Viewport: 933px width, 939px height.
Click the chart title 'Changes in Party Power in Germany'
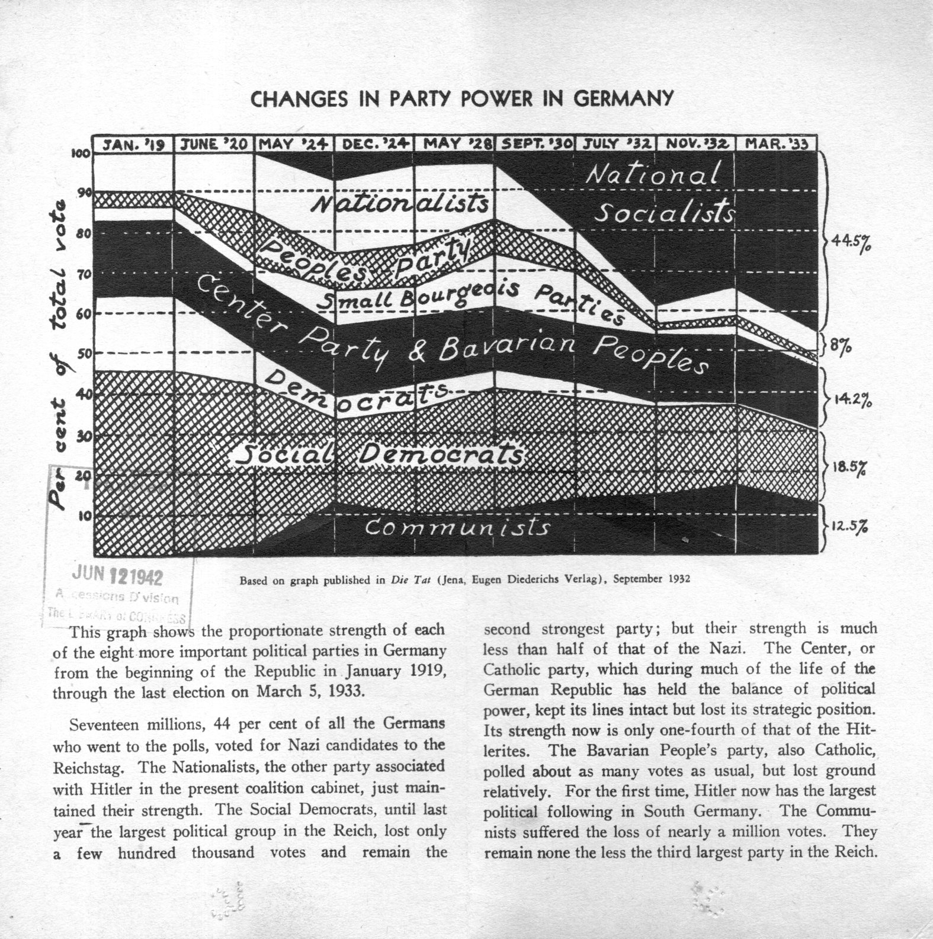tap(462, 98)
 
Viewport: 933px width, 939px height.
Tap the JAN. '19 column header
tap(133, 144)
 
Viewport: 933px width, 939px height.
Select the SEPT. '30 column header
tap(536, 144)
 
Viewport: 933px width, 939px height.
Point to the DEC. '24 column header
tap(374, 144)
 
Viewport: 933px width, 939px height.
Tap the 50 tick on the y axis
tap(84, 354)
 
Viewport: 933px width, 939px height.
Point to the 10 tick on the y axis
tap(84, 515)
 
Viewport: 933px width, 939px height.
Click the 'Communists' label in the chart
tap(456, 527)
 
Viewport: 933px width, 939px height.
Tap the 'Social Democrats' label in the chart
tap(379, 455)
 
